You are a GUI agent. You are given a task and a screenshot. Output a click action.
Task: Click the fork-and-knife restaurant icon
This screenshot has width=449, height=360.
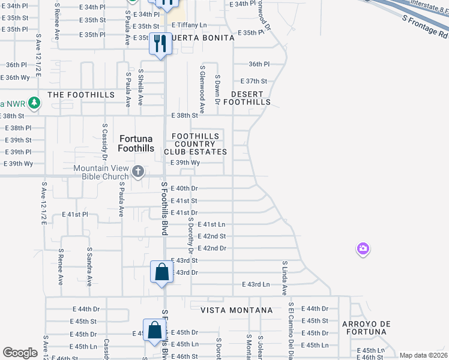tap(160, 44)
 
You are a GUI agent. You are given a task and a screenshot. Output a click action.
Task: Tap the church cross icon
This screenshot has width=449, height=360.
tap(138, 172)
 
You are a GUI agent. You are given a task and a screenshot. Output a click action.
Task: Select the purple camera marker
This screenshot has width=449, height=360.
tap(363, 248)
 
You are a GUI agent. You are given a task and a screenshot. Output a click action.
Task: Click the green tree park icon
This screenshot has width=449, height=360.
tap(35, 102)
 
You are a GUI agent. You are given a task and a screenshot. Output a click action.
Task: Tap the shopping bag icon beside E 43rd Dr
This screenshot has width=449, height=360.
tap(162, 273)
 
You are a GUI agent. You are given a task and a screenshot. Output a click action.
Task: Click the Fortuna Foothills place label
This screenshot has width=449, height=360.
tap(136, 143)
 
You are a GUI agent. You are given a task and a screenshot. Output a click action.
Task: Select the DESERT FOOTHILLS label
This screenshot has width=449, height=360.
tap(247, 98)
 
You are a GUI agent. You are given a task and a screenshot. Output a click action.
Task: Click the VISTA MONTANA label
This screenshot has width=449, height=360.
tap(236, 310)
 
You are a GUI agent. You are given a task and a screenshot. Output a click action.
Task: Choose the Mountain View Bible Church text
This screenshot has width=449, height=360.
tap(101, 172)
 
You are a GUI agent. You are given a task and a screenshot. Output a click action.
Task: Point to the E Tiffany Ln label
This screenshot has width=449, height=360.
tap(189, 25)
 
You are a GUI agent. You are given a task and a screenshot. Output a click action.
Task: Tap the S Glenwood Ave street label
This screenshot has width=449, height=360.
tap(203, 89)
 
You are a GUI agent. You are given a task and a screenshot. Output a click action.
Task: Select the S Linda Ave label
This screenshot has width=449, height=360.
tap(285, 278)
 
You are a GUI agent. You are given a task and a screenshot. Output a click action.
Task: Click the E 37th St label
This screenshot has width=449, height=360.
tap(253, 81)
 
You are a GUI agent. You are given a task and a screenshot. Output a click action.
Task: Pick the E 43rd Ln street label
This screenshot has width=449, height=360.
tap(256, 284)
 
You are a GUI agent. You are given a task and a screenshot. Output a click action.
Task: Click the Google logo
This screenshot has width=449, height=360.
tap(20, 353)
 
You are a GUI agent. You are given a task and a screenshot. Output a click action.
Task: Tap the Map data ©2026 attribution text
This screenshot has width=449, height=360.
tap(423, 355)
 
